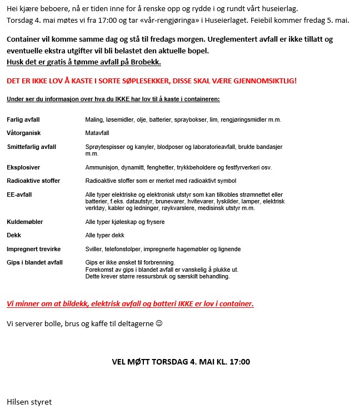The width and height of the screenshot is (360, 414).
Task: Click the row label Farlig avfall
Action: click(x=23, y=119)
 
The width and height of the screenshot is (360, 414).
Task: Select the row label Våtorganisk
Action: click(x=24, y=133)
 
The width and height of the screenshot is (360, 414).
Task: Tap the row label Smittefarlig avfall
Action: click(x=32, y=147)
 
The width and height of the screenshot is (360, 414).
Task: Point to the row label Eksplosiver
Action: click(x=23, y=167)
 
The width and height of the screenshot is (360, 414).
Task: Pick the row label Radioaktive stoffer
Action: click(x=33, y=181)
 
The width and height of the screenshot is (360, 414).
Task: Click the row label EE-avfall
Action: click(x=19, y=194)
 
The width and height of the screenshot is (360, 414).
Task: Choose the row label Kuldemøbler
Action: click(x=25, y=222)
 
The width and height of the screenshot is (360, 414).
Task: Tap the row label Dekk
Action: click(x=14, y=235)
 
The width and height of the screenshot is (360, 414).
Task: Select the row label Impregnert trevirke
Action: click(x=34, y=249)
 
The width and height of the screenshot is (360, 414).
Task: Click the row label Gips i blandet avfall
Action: click(x=34, y=262)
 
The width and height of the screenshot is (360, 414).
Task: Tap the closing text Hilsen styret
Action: click(x=29, y=401)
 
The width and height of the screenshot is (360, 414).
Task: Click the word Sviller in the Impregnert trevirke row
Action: click(x=94, y=249)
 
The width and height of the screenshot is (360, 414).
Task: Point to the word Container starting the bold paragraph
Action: click(x=24, y=40)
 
